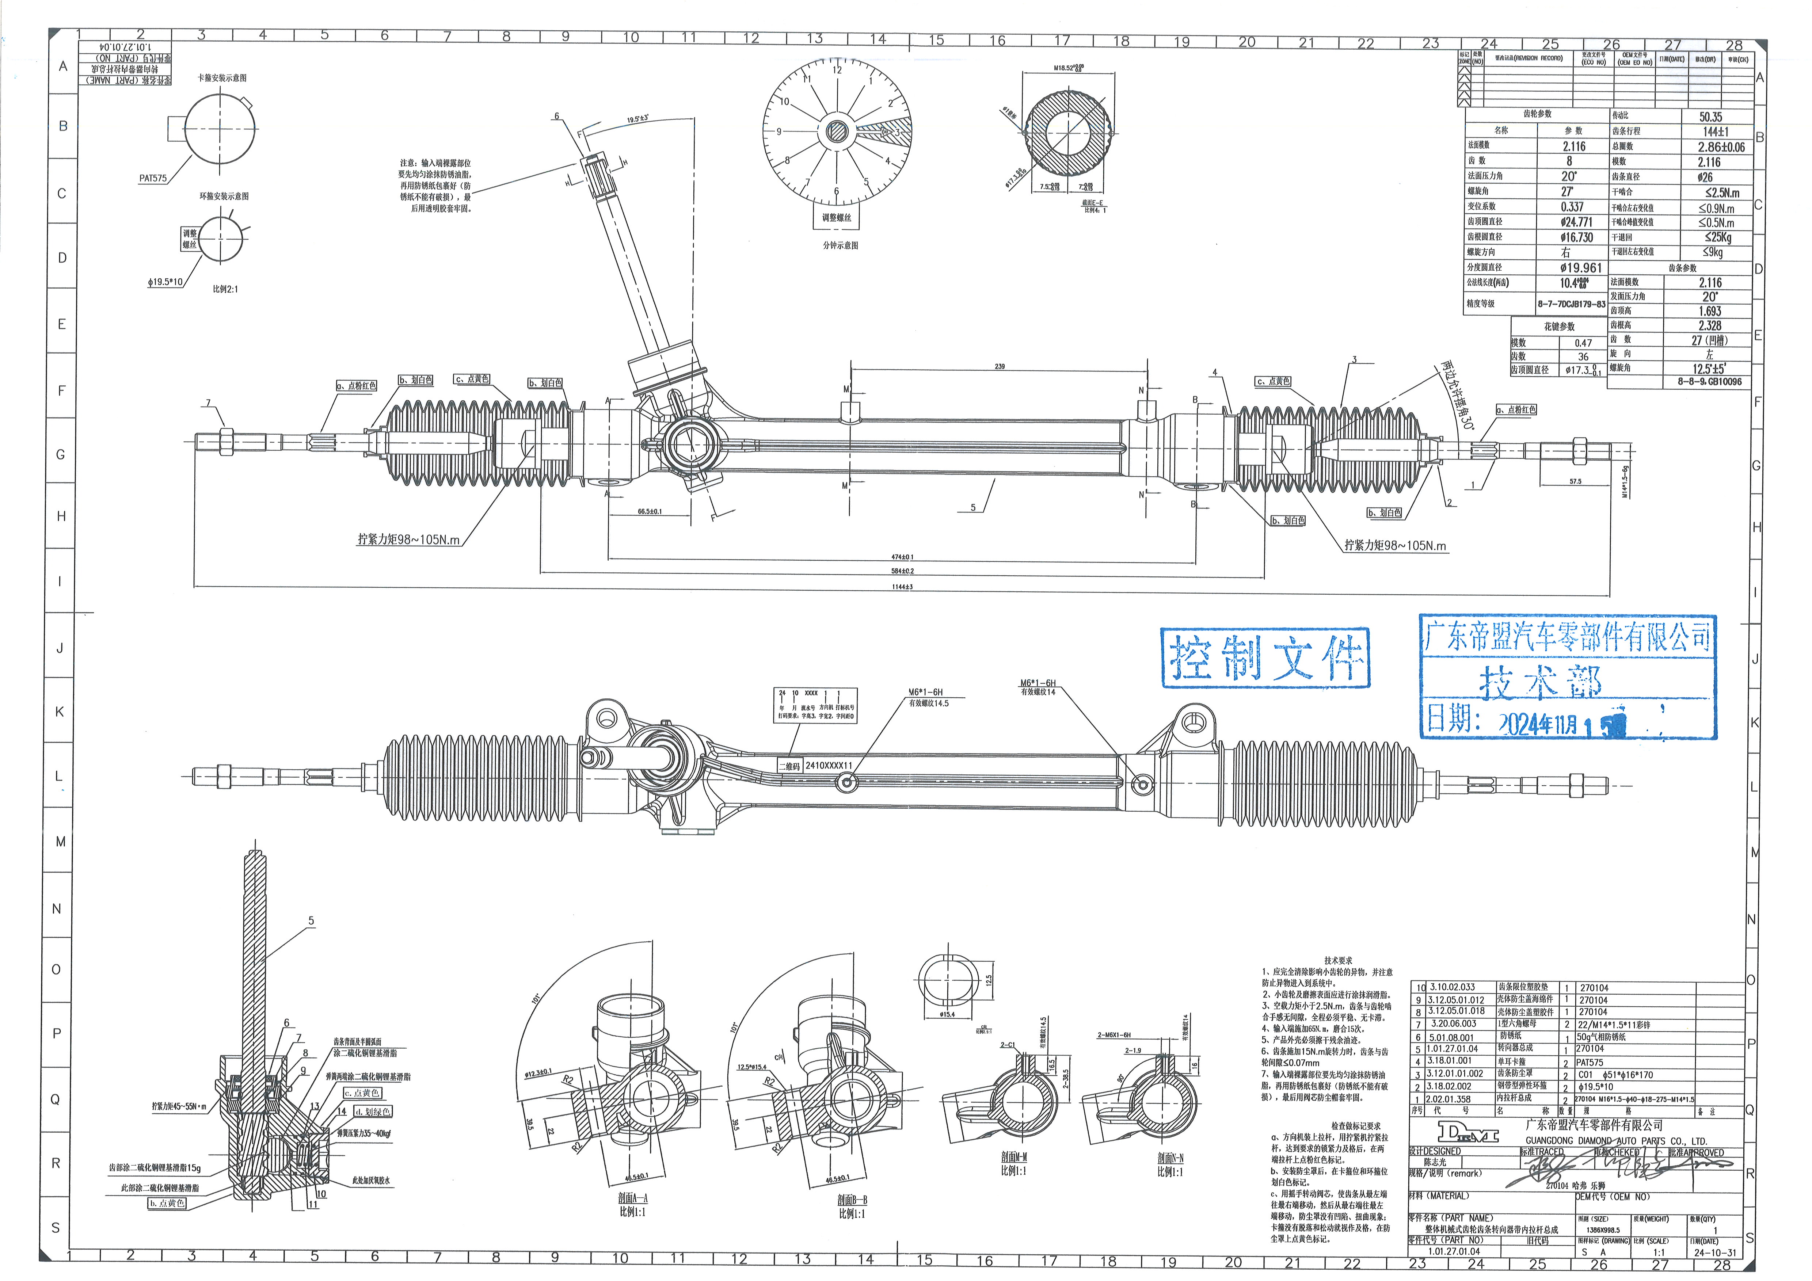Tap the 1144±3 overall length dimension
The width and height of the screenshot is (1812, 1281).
[902, 587]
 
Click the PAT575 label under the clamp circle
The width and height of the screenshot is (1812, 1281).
[153, 178]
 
